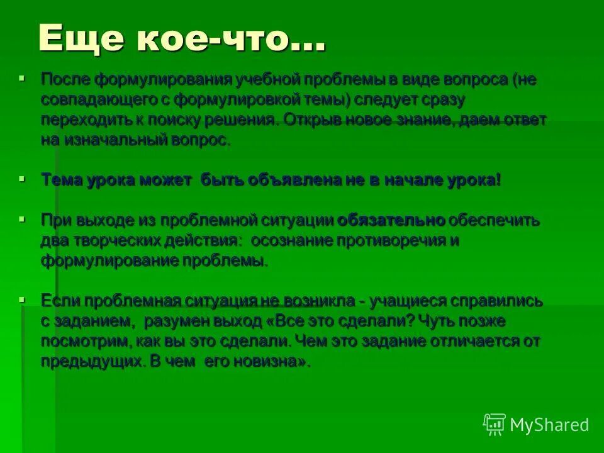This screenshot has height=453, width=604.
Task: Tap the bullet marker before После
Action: point(22,78)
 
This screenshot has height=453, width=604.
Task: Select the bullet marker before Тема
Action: point(22,179)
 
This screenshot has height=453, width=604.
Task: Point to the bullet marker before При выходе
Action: point(22,219)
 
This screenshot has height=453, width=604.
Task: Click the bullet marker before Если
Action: point(22,299)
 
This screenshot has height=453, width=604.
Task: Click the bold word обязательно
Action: point(391,220)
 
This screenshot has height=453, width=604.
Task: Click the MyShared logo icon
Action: point(494,424)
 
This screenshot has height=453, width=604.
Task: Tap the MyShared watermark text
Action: point(549,425)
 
